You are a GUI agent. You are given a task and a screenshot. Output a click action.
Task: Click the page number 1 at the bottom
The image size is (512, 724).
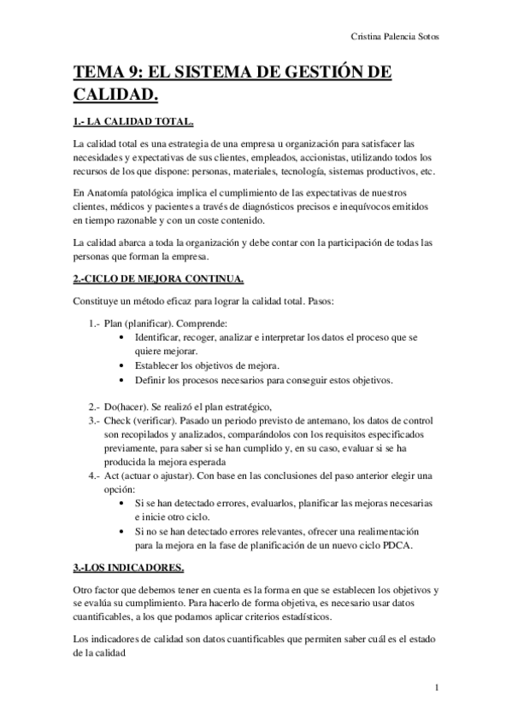point(436,686)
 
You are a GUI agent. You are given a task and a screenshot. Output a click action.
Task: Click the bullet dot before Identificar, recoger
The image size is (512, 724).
point(127,337)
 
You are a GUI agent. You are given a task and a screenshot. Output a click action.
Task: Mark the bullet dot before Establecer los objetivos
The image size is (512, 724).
point(127,365)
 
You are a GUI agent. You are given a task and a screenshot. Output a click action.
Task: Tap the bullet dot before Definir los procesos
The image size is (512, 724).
point(127,379)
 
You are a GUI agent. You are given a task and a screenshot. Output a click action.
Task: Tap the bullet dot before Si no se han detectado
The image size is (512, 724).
point(127,531)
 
